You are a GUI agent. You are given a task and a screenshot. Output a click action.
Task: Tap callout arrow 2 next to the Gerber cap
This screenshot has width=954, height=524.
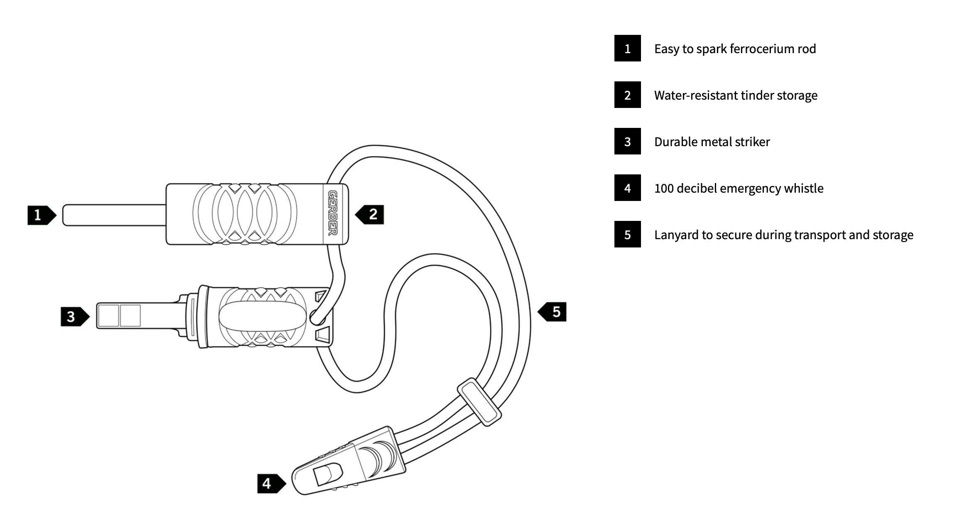pyautogui.click(x=370, y=214)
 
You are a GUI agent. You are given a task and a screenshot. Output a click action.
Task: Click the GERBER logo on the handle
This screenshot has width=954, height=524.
pyautogui.click(x=333, y=213)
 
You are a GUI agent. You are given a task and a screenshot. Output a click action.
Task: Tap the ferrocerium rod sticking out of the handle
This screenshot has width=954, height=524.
pyautogui.click(x=114, y=215)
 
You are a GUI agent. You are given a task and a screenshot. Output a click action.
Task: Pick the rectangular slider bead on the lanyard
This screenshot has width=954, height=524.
pyautogui.click(x=479, y=402)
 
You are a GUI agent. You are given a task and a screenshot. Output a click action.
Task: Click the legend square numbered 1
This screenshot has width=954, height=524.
pyautogui.click(x=627, y=49)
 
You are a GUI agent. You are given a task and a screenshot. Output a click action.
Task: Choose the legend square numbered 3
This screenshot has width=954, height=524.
pyautogui.click(x=627, y=142)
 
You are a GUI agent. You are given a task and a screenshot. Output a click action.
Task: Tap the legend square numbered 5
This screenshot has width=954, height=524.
pyautogui.click(x=627, y=235)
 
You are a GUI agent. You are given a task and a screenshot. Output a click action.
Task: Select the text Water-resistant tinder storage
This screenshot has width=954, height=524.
pyautogui.click(x=736, y=95)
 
